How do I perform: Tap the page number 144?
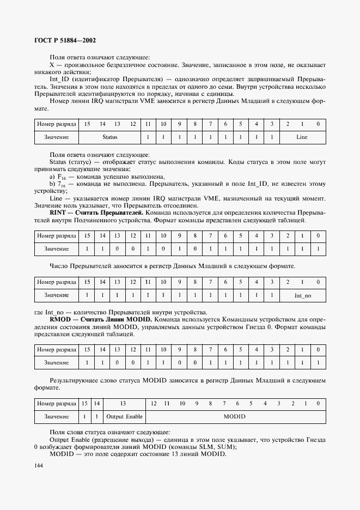coord(39,465)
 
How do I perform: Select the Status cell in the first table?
coord(110,137)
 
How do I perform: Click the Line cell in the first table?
coord(302,137)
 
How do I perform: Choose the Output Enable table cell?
coord(124,416)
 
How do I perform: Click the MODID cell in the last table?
coord(235,416)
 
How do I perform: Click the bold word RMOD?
coord(59,318)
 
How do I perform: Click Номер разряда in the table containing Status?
coord(56,124)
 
